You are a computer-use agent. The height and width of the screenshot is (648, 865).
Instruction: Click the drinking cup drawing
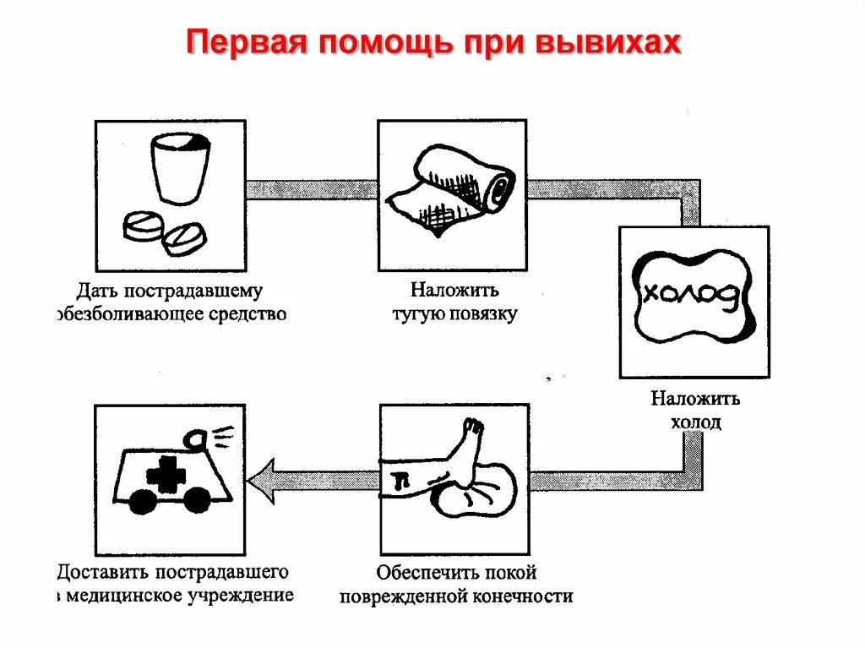click(x=180, y=170)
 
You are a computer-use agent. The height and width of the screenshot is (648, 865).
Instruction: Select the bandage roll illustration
click(x=451, y=190)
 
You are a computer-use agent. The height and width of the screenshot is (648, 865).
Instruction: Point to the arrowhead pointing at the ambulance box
click(x=262, y=480)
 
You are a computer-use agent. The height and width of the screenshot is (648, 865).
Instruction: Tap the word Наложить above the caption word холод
click(x=695, y=398)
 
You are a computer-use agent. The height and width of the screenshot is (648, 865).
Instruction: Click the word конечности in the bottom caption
click(x=523, y=596)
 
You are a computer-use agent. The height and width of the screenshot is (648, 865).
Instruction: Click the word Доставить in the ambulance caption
click(x=101, y=572)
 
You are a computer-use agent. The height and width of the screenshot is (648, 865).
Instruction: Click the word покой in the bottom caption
click(x=509, y=573)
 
